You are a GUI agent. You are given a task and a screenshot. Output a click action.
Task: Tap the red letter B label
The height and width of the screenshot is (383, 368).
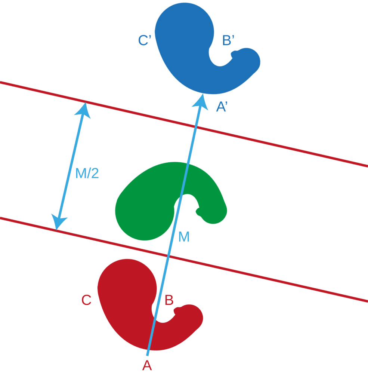(169, 300)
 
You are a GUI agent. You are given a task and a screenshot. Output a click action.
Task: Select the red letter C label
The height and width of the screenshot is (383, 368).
(86, 300)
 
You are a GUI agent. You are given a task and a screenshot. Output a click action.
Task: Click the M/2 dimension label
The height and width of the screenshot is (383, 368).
(87, 174)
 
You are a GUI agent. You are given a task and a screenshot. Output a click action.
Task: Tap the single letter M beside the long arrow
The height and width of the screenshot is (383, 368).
(184, 237)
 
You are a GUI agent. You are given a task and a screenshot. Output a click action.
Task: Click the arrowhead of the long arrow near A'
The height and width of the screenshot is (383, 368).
(201, 100)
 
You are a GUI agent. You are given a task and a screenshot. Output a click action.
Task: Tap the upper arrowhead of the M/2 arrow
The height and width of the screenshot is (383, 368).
(84, 108)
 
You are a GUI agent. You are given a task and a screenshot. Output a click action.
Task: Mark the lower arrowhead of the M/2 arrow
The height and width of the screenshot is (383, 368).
(58, 223)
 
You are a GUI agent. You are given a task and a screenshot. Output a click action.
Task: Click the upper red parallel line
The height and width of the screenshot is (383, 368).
(262, 143)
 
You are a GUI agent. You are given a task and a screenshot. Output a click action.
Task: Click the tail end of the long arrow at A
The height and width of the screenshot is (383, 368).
(148, 354)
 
